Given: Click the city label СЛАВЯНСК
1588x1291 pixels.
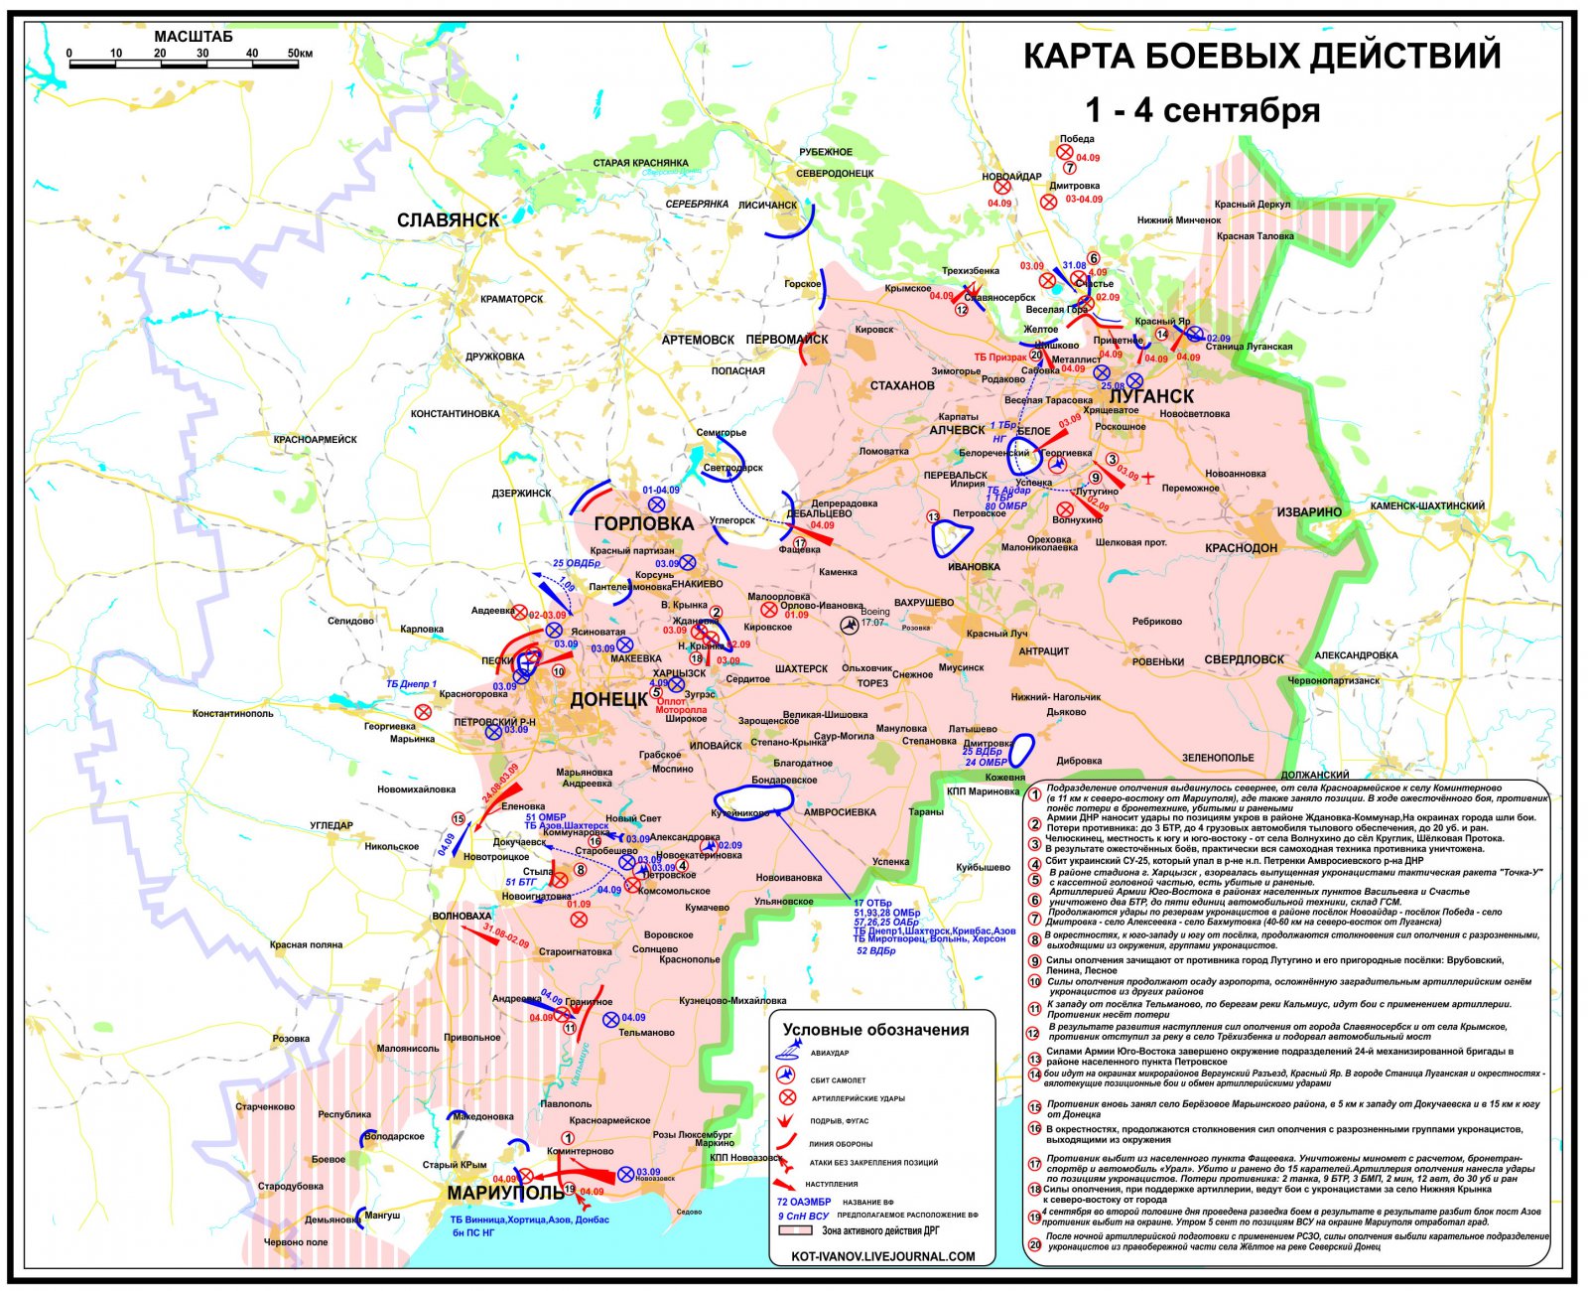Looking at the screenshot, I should click(448, 220).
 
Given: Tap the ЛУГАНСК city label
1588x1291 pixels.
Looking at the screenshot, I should click(1150, 395).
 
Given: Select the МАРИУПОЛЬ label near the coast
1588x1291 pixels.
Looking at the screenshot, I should click(491, 1193).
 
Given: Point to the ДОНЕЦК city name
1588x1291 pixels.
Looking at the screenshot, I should click(608, 700).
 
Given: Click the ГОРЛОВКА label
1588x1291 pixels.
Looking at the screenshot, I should click(643, 523).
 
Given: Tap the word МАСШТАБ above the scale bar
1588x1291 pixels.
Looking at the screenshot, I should click(194, 37).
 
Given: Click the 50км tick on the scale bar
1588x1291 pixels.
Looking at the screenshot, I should click(299, 54).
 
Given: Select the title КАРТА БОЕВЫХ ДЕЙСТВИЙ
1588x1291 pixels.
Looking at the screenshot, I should click(1261, 57).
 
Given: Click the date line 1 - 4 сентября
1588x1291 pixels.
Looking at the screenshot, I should click(1202, 110).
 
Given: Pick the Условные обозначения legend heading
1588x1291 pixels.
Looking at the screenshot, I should click(875, 1030).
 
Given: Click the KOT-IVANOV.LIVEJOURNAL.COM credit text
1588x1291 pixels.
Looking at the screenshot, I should click(883, 1256).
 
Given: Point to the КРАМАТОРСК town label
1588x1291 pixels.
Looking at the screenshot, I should click(511, 299).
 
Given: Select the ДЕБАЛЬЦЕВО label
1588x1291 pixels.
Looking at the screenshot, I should click(819, 514).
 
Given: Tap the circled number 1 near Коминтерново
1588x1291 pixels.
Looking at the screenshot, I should click(569, 1138).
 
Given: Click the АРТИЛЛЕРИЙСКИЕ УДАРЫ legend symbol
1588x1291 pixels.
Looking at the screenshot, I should click(788, 1097).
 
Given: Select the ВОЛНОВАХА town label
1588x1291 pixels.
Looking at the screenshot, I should click(462, 917).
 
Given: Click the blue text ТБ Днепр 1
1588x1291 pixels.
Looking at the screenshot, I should click(411, 684).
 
